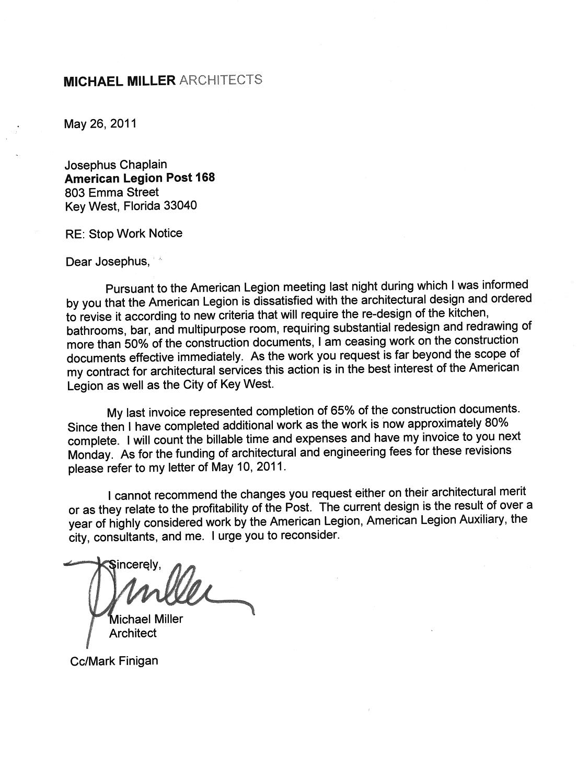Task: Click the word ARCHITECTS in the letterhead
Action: [220, 80]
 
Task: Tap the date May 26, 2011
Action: [100, 124]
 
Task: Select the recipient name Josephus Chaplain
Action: [116, 165]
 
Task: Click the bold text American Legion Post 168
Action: [140, 178]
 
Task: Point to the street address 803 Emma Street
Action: [112, 192]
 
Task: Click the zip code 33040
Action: [180, 206]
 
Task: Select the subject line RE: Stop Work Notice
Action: [124, 234]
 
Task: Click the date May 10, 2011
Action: [249, 467]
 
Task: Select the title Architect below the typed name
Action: [133, 633]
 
